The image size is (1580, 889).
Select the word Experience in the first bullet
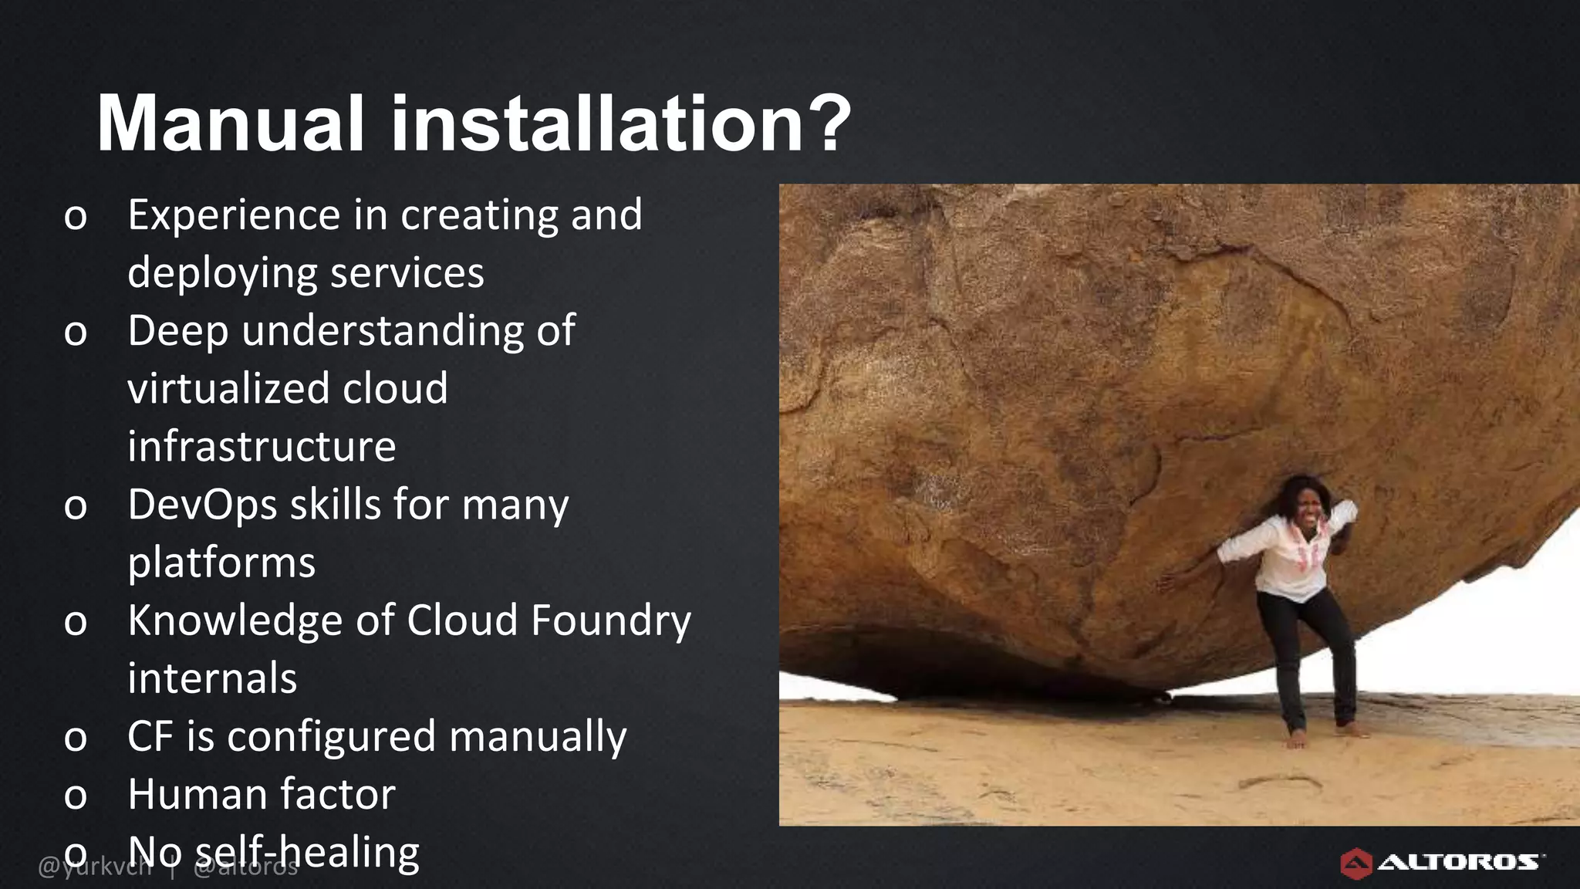click(x=234, y=215)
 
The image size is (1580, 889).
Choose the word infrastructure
click(x=262, y=447)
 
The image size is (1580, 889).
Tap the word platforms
click(x=221, y=563)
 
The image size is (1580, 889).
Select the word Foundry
click(x=610, y=621)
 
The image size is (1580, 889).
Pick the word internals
click(x=212, y=679)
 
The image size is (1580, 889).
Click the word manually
click(x=538, y=737)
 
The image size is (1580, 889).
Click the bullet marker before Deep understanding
click(x=76, y=333)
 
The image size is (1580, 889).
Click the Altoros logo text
click(x=1458, y=862)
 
